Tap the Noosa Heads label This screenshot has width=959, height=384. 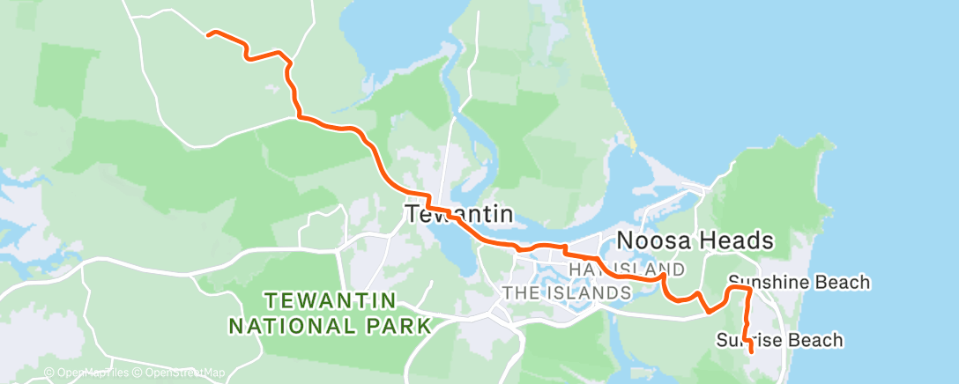click(695, 240)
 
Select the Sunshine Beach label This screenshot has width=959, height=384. click(799, 283)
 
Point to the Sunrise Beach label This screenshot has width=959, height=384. click(779, 340)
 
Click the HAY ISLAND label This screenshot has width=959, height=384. click(626, 269)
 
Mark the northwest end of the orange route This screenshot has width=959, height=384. click(208, 34)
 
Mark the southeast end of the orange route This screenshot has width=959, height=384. click(750, 351)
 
